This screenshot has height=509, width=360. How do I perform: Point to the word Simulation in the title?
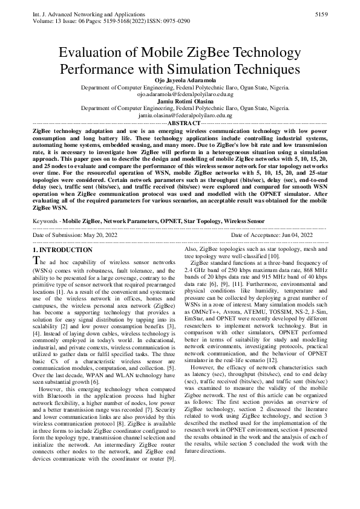pyautogui.click(x=206, y=70)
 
